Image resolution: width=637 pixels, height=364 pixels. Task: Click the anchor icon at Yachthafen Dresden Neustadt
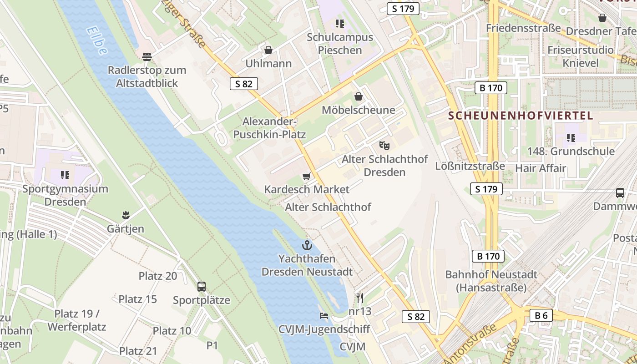pyautogui.click(x=308, y=245)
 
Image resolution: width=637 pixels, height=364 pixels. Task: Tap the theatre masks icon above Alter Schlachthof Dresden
pyautogui.click(x=384, y=146)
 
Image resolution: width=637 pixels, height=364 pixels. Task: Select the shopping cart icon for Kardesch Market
pyautogui.click(x=307, y=176)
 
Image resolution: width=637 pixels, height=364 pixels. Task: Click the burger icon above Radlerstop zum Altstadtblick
pyautogui.click(x=147, y=57)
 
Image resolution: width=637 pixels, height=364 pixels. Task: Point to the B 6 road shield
pyautogui.click(x=541, y=315)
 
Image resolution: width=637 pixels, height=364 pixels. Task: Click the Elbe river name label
pyautogui.click(x=96, y=41)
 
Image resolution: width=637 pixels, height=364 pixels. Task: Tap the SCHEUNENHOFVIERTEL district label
pyautogui.click(x=521, y=116)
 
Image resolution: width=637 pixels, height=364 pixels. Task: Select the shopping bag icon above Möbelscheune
pyautogui.click(x=359, y=96)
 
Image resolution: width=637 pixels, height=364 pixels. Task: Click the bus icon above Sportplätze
pyautogui.click(x=202, y=287)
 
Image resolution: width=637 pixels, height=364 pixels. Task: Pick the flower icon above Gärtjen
pyautogui.click(x=126, y=215)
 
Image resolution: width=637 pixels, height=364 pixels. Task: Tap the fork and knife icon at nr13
pyautogui.click(x=360, y=298)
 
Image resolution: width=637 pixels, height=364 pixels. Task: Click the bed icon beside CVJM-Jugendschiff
pyautogui.click(x=324, y=316)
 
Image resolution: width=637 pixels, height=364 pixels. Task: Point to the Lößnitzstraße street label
pyautogui.click(x=470, y=166)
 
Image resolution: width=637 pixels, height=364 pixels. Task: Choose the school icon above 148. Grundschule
pyautogui.click(x=571, y=137)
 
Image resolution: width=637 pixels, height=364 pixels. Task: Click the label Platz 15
pyautogui.click(x=137, y=299)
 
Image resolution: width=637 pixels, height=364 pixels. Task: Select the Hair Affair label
pyautogui.click(x=541, y=168)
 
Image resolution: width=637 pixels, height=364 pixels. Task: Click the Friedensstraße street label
pyautogui.click(x=523, y=28)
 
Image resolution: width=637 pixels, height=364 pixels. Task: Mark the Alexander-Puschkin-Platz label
pyautogui.click(x=269, y=128)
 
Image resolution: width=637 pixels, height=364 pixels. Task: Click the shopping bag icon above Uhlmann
pyautogui.click(x=268, y=50)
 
